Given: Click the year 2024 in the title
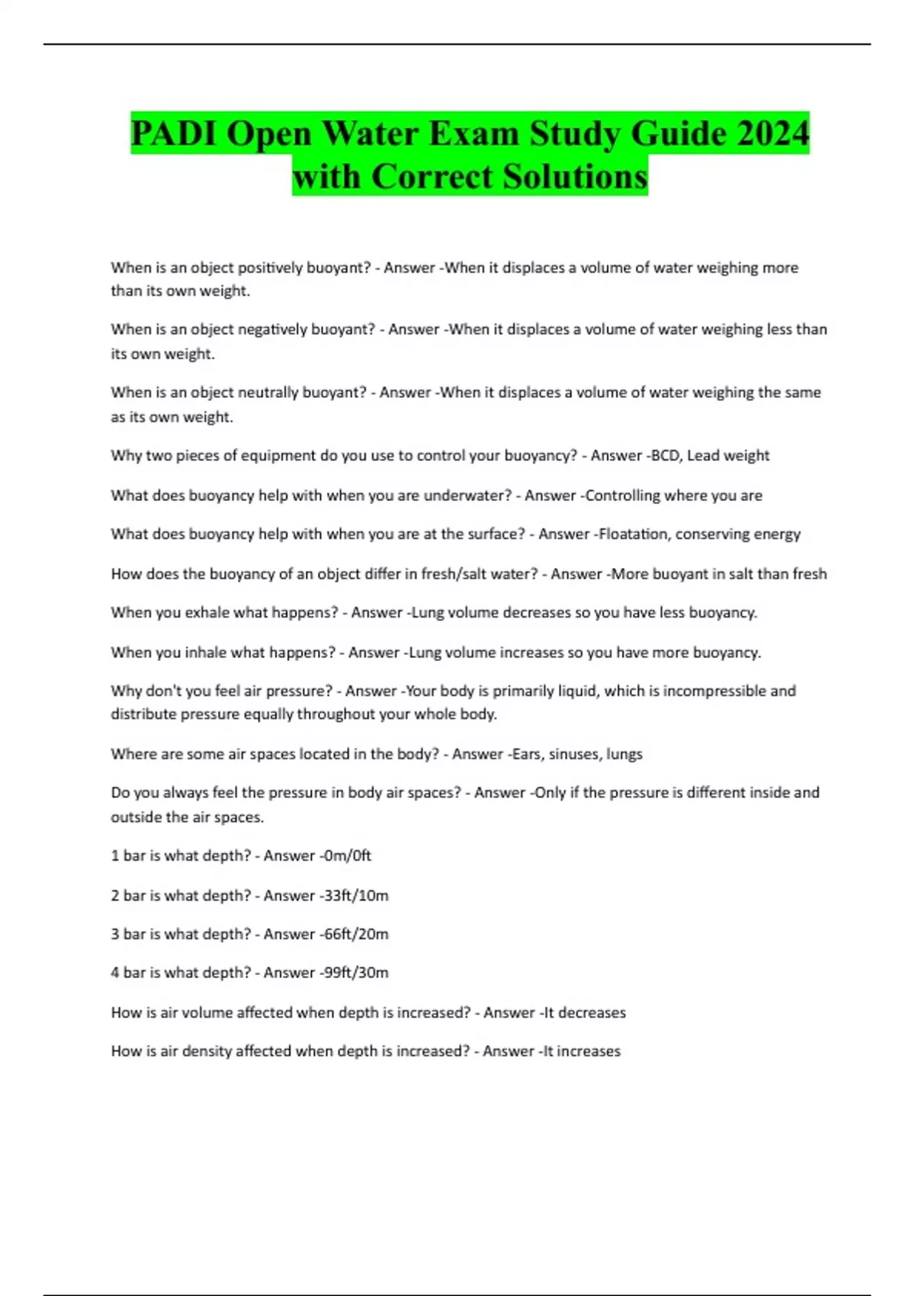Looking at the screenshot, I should click(771, 133).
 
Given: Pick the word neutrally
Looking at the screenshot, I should click(269, 393).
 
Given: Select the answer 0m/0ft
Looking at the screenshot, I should click(347, 855).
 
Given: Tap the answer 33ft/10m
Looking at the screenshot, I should click(355, 895).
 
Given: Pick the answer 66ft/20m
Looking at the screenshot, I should click(355, 934).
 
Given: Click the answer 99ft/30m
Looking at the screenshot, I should click(355, 973).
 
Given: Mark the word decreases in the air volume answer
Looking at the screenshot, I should click(592, 1012).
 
